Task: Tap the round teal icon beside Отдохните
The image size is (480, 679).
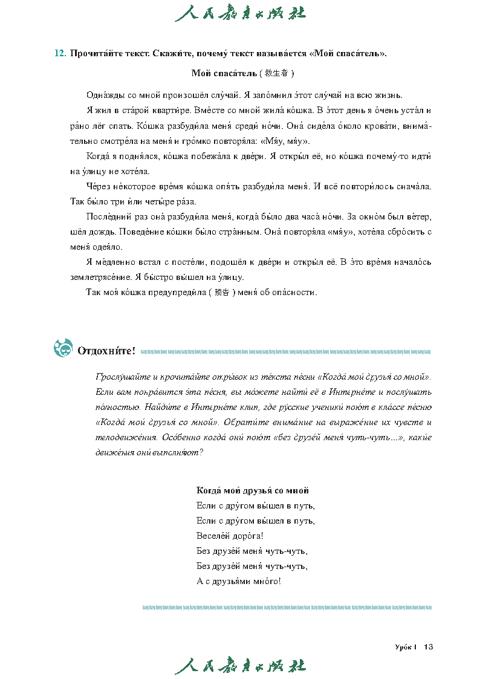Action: (x=63, y=348)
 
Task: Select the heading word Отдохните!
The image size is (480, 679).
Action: (x=106, y=351)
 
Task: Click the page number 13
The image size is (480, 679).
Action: (x=429, y=647)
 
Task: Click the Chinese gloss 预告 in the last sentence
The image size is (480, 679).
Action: (x=222, y=293)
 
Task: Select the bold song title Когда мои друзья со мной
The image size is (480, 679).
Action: (x=253, y=490)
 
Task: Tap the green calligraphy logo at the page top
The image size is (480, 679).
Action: (x=240, y=13)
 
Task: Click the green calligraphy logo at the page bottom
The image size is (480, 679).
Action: (x=240, y=665)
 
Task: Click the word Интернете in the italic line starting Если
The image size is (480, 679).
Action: (x=320, y=392)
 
